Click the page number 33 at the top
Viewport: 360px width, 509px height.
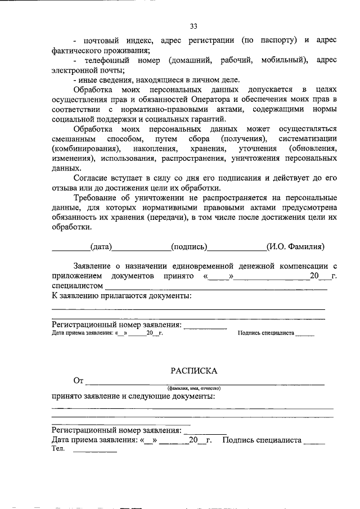[193, 26]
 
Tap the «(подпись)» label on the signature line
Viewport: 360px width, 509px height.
[190, 246]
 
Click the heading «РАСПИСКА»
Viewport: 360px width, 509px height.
[193, 371]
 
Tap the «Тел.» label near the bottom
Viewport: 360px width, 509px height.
[58, 449]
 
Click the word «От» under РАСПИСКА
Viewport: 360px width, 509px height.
[78, 381]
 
